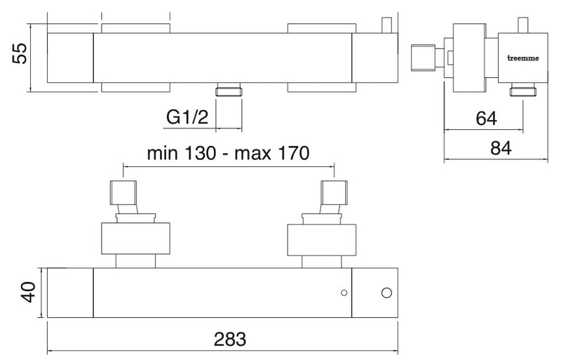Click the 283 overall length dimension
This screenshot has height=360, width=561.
coord(230,339)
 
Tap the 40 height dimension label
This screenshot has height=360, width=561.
coord(28,293)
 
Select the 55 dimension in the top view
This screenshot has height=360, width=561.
coord(20,54)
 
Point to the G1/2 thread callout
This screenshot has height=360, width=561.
coord(187,116)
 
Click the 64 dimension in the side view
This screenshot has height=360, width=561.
coord(486,118)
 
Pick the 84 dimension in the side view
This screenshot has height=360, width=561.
coord(501,148)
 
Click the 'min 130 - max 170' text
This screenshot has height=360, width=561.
coord(229,153)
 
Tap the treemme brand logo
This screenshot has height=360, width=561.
coord(523,58)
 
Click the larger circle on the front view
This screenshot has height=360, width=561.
coord(386,293)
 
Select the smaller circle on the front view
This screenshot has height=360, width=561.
coord(344,293)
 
